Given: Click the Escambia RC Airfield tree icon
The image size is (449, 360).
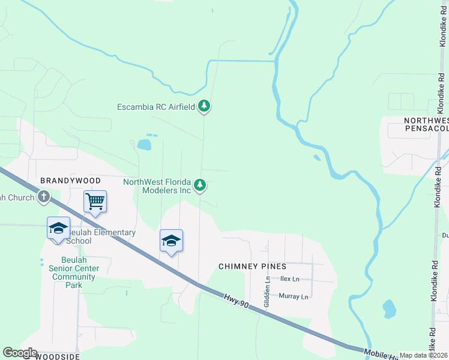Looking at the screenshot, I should click(x=205, y=107).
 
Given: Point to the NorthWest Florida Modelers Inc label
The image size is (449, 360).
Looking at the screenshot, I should click(x=157, y=186).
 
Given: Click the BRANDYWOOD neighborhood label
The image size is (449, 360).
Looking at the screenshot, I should click(x=65, y=180).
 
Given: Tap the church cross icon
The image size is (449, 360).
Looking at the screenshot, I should click(x=44, y=197).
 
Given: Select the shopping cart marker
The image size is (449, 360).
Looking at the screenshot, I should click(x=95, y=202).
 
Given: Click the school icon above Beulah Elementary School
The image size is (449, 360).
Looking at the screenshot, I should click(x=58, y=229).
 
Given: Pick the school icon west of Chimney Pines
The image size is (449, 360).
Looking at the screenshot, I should click(x=171, y=241).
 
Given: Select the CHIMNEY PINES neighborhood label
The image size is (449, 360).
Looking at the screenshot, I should click(x=252, y=266).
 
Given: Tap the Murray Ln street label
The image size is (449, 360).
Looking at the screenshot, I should click(x=293, y=296).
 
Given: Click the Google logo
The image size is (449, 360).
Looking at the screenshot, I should click(x=20, y=353).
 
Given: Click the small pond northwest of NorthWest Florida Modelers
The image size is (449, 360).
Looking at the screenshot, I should click(x=144, y=144).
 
